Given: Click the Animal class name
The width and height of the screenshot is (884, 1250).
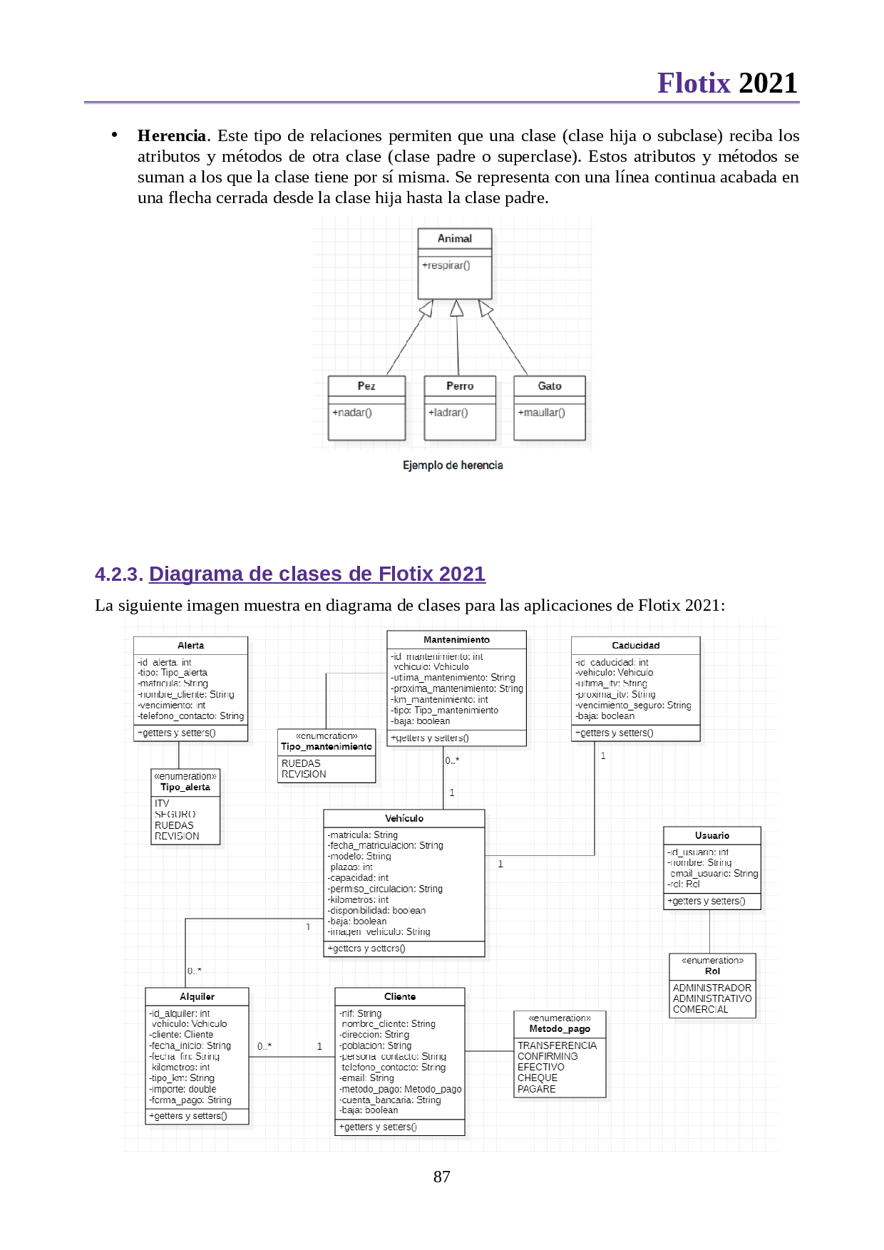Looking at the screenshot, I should click(454, 239).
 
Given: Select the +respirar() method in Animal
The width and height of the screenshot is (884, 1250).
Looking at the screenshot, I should click(446, 266).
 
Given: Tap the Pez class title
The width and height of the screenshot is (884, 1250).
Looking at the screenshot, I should click(366, 386).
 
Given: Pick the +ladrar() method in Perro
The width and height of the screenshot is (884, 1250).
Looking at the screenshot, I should click(448, 413).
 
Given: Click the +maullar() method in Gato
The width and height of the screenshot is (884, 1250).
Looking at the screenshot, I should click(541, 413).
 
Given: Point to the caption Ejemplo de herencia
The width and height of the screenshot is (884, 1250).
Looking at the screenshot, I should click(453, 465).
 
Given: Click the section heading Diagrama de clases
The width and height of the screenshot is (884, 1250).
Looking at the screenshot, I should click(317, 574).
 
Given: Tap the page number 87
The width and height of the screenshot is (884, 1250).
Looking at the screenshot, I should click(441, 1177).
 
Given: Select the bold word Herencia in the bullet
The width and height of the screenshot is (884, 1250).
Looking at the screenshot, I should click(171, 135).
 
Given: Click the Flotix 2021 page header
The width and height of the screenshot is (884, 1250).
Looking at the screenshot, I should click(726, 83).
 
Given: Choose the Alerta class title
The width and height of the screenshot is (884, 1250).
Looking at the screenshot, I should click(190, 646).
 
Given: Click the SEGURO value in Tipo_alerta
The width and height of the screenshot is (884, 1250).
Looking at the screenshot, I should click(175, 814).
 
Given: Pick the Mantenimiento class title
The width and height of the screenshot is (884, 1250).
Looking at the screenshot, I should click(456, 640).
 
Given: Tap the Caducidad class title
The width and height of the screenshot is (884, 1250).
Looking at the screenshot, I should click(635, 646).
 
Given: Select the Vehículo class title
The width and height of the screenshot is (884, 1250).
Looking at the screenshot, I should click(404, 819).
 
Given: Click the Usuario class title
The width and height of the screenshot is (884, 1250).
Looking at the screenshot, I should click(711, 836).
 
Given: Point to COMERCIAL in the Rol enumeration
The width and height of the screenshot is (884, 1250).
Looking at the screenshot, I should click(700, 1009).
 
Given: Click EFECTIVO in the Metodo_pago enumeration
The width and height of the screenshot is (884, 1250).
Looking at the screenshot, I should click(540, 1068).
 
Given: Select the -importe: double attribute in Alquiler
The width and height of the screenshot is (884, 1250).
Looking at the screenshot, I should click(183, 1089).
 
